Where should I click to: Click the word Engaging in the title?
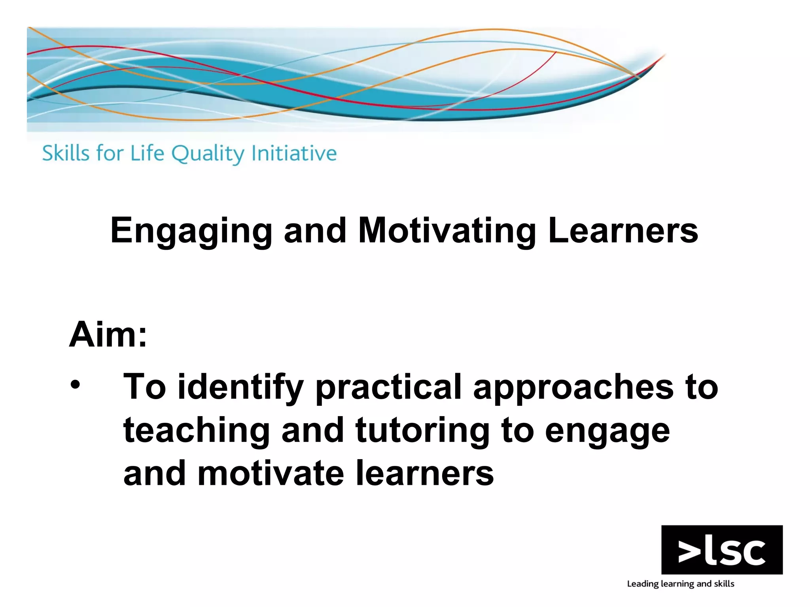tap(191, 231)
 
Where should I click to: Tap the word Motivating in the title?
tap(447, 230)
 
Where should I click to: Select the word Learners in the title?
tap(623, 230)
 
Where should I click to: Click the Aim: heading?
tap(108, 335)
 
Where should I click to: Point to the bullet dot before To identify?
tap(75, 385)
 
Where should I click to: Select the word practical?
tap(388, 388)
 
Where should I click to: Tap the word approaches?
tap(573, 388)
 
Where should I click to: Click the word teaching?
tap(197, 431)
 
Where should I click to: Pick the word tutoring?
tap(422, 431)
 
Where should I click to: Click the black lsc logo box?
tap(722, 549)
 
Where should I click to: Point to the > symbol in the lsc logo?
tap(691, 552)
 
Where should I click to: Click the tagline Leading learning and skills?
tap(680, 584)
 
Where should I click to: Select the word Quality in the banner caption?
tap(208, 154)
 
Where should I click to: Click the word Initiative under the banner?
tap(294, 153)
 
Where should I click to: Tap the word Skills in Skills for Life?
tap(66, 153)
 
